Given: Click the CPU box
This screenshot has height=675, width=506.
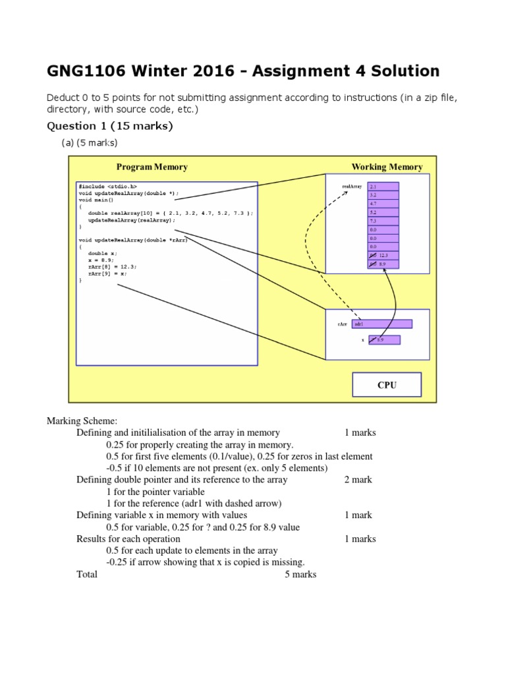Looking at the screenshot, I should tap(387, 385).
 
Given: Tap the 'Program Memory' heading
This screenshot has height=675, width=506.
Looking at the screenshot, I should tap(152, 167).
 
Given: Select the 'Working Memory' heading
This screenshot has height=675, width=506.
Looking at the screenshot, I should tap(387, 167).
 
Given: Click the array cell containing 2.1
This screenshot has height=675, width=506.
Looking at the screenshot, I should tap(383, 187).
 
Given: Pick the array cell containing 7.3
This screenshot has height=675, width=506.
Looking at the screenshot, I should tap(383, 221).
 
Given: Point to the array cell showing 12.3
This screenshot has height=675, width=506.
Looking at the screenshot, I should tap(383, 255).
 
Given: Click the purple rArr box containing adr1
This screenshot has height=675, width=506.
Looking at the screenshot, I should tap(382, 324).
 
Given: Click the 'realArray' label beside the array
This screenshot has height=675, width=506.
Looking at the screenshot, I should tap(352, 187).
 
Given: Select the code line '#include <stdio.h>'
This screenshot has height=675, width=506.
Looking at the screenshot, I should tap(107, 187).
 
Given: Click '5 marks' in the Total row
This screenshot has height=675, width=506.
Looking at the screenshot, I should tap(300, 574).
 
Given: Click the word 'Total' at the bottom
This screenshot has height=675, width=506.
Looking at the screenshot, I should tap(87, 574).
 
